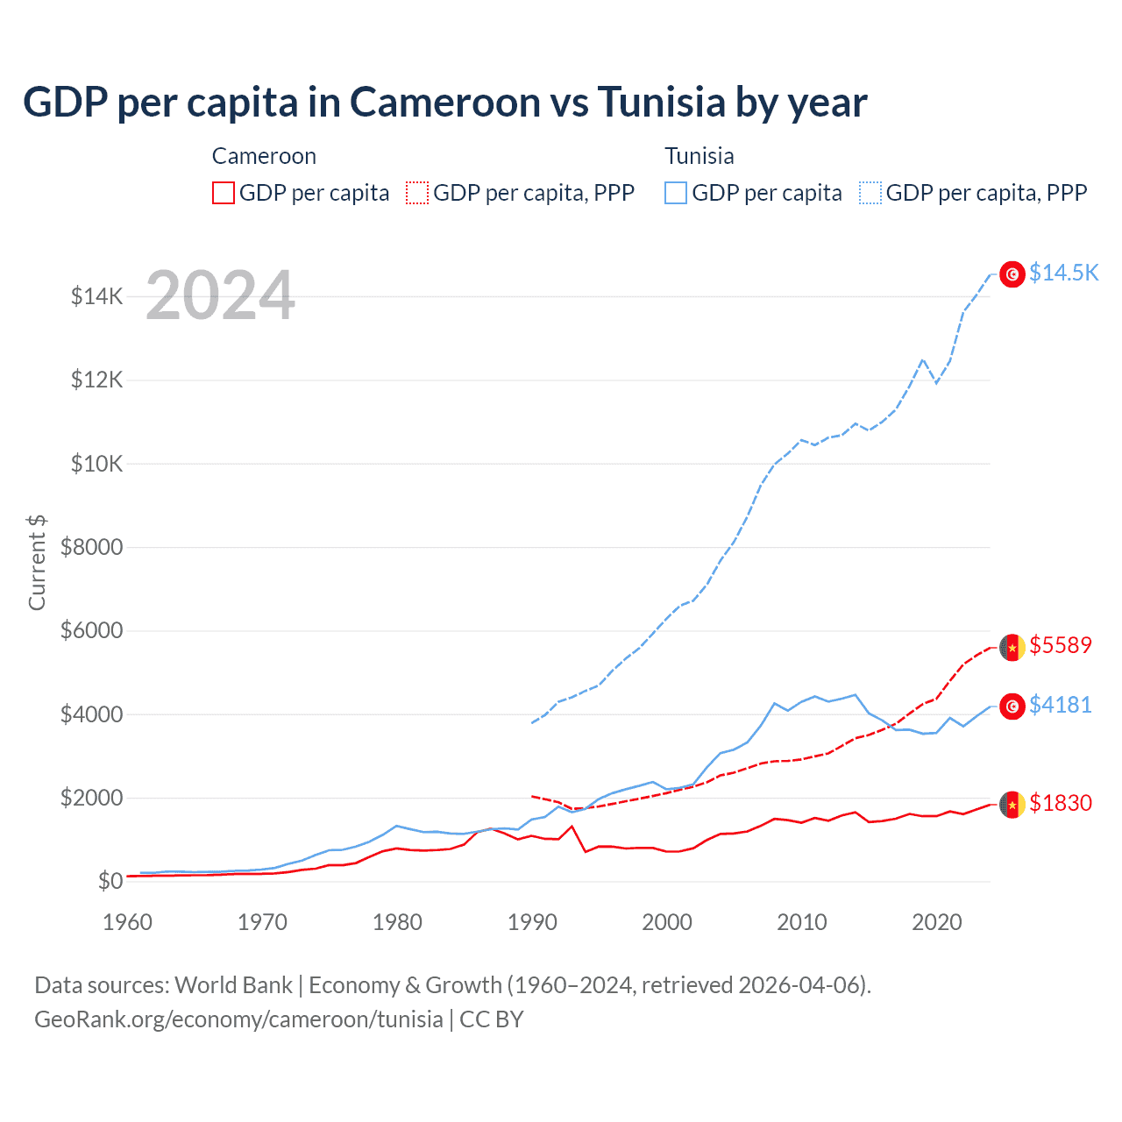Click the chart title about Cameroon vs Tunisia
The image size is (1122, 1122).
pyautogui.click(x=444, y=103)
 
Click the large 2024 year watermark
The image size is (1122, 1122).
pyautogui.click(x=220, y=296)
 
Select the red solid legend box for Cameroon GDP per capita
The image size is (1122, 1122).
pyautogui.click(x=224, y=193)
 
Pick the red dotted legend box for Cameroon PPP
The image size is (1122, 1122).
pyautogui.click(x=417, y=193)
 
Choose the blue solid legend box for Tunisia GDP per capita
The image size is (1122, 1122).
pyautogui.click(x=676, y=193)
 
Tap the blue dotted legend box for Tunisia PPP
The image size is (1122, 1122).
pyautogui.click(x=870, y=193)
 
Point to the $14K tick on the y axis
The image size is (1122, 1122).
pyautogui.click(x=96, y=296)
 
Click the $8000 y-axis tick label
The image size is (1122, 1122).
pyautogui.click(x=91, y=547)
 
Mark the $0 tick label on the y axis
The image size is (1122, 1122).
pyautogui.click(x=109, y=881)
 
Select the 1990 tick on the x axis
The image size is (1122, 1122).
pyautogui.click(x=532, y=922)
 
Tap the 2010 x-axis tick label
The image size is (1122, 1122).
pyautogui.click(x=802, y=922)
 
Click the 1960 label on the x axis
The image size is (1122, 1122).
pyautogui.click(x=128, y=922)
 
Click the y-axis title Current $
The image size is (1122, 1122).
pyautogui.click(x=37, y=563)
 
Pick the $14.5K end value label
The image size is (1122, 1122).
pyautogui.click(x=1063, y=273)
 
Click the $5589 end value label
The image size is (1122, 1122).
pyautogui.click(x=1061, y=645)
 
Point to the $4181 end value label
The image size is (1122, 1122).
pyautogui.click(x=1061, y=705)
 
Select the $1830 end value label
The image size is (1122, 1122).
pyautogui.click(x=1061, y=803)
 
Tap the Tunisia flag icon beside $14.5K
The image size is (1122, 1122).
pyautogui.click(x=1012, y=274)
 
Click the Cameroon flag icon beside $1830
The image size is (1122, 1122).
pyautogui.click(x=1012, y=804)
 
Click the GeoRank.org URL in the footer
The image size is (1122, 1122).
pyautogui.click(x=238, y=1019)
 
